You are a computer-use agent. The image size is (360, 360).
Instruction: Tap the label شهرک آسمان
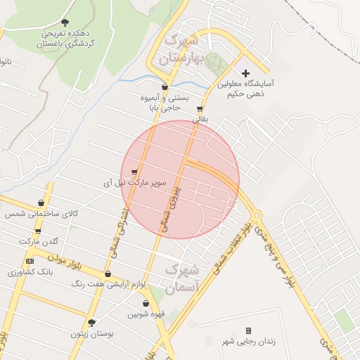click(182, 278)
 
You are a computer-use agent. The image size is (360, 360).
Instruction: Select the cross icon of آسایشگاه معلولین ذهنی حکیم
click(245, 73)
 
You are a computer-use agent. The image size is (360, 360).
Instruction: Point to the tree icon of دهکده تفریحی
click(65, 22)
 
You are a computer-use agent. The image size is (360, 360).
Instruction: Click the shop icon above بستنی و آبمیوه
click(165, 87)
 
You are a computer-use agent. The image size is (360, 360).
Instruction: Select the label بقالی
click(200, 120)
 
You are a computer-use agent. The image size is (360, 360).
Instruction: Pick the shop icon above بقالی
click(200, 109)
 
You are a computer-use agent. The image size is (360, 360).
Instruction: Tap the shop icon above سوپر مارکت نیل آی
click(134, 172)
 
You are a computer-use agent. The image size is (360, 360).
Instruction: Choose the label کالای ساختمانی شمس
click(41, 213)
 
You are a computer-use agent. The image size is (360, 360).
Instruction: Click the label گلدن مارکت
click(39, 241)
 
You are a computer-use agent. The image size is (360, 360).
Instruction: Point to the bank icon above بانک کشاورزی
click(29, 261)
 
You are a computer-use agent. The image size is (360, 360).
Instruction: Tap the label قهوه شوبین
click(146, 314)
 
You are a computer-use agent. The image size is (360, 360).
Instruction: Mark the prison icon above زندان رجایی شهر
click(248, 330)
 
